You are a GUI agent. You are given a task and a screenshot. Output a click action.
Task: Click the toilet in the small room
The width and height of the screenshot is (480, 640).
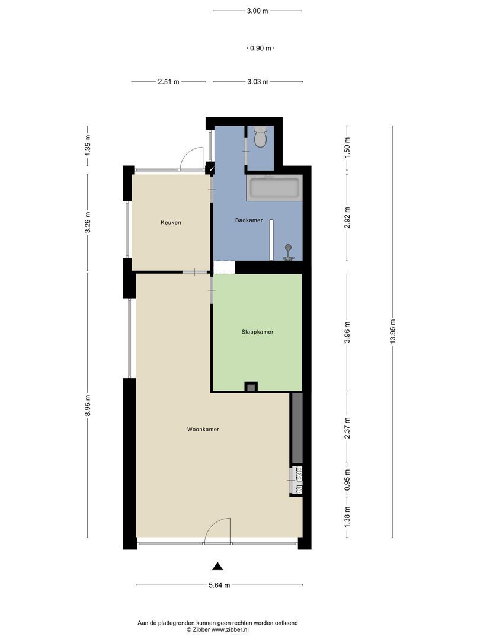[x=260, y=137]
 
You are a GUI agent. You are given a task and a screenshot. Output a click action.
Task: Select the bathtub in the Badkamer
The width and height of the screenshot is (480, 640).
[x=274, y=188]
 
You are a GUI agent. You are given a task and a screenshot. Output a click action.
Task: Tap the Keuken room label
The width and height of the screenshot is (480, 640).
[x=171, y=223]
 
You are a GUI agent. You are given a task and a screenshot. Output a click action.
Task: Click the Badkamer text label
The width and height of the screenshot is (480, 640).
[x=249, y=220]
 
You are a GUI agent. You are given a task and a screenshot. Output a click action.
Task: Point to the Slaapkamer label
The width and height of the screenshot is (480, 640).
[x=257, y=332]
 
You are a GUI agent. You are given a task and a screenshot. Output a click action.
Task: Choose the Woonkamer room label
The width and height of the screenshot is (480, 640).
[x=203, y=430]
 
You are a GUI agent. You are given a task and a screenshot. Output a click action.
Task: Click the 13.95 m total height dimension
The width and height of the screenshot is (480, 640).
[x=392, y=331]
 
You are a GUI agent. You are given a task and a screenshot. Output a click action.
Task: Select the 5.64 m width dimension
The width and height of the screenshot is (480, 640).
[x=219, y=585]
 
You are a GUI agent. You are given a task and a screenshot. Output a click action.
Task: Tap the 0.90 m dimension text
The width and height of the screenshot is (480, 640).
[x=261, y=49]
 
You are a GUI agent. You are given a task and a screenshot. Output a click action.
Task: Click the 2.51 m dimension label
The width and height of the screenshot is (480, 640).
[x=169, y=82]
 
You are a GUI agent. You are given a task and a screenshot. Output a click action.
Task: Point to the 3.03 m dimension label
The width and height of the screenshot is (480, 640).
[x=258, y=82]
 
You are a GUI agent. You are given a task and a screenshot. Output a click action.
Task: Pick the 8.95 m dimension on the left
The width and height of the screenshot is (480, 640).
[x=88, y=406]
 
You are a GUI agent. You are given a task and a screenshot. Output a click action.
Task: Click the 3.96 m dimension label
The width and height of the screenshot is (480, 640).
[x=347, y=332]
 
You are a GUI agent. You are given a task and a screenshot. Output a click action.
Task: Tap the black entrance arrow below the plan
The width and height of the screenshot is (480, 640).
[x=218, y=566]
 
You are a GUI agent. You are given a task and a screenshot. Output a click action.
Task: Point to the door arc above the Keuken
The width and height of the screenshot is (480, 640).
[x=191, y=157]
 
